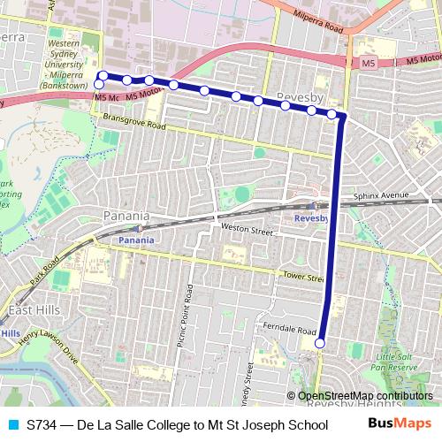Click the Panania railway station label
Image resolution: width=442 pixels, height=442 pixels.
coord(136,240)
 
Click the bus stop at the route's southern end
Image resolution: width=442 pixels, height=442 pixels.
coord(320,343)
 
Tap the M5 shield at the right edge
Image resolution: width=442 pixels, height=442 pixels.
coord(369,64)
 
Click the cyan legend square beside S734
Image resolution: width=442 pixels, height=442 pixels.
coord(11,424)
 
